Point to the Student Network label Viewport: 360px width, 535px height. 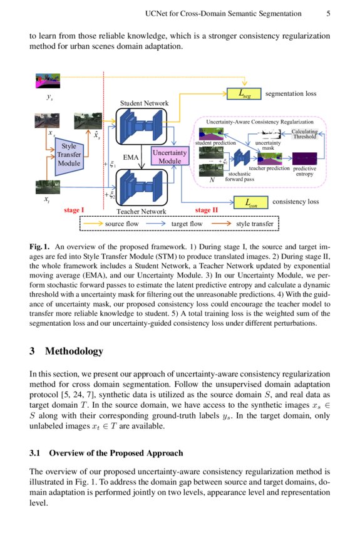[144, 103]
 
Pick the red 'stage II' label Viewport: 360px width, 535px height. [207, 210]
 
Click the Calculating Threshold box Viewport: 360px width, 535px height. [305, 133]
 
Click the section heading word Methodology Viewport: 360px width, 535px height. [74, 351]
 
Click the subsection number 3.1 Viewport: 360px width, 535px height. [36, 453]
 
